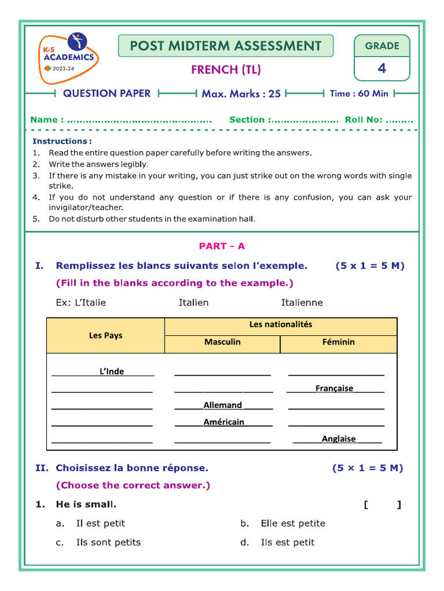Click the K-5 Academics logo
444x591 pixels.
tap(69, 58)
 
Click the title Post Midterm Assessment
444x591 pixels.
tap(225, 46)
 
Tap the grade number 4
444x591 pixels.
tap(382, 69)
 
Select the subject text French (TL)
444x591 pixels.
tap(225, 70)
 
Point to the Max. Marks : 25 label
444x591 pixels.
tap(241, 93)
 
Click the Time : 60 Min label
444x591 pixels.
tap(359, 93)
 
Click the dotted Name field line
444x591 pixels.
tap(139, 120)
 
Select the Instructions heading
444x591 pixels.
tap(62, 141)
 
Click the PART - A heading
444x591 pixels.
tap(222, 246)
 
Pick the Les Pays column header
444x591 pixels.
tap(105, 335)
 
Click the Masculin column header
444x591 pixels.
tap(222, 342)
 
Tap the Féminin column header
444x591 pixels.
tap(338, 342)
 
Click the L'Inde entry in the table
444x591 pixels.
tap(112, 371)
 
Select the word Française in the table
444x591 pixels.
tap(334, 388)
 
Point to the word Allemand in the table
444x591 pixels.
tap(223, 405)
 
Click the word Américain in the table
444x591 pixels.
tap(224, 422)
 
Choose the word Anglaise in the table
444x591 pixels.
tap(338, 439)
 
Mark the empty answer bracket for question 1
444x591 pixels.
tap(382, 505)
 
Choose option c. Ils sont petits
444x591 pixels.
tap(108, 542)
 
